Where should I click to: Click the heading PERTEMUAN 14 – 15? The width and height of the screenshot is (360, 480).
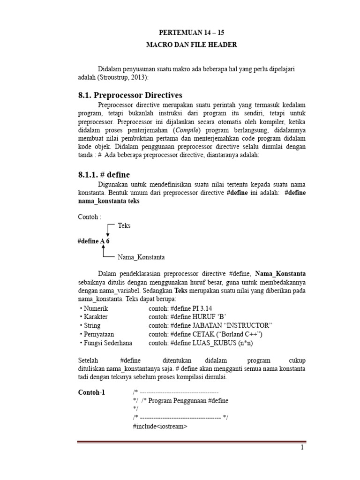tap(192, 32)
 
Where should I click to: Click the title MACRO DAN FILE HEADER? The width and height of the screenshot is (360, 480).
tap(192, 45)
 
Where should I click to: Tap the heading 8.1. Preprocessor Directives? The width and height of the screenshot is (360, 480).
tap(130, 95)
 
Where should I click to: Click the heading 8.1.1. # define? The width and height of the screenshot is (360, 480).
tap(104, 175)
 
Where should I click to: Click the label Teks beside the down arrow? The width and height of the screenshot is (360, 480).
tap(124, 225)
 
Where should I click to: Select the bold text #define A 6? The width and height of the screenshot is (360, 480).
tap(93, 241)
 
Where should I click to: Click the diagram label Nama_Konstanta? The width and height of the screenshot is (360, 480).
tap(141, 257)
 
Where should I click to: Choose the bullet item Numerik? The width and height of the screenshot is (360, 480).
tap(94, 308)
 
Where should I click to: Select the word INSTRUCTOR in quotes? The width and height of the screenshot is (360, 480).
tap(247, 325)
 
